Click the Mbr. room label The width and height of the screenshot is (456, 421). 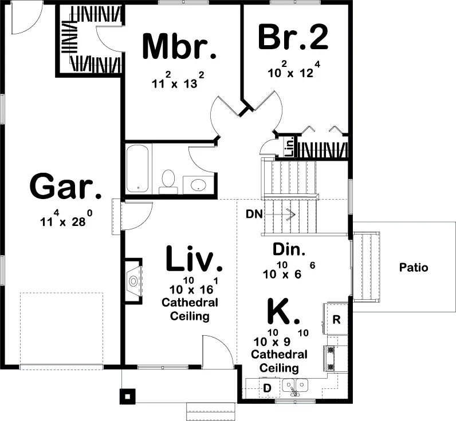click(179, 47)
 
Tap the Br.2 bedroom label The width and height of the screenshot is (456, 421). click(293, 38)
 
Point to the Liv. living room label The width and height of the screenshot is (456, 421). click(194, 259)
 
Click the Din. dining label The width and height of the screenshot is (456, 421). click(289, 250)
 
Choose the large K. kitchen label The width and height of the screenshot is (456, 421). click(284, 312)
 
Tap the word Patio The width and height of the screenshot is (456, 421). click(414, 267)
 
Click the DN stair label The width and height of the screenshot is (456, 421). click(254, 215)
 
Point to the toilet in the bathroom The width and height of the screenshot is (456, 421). click(168, 179)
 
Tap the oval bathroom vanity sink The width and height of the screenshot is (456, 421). click(199, 185)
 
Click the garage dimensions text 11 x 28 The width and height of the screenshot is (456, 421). click(65, 221)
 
